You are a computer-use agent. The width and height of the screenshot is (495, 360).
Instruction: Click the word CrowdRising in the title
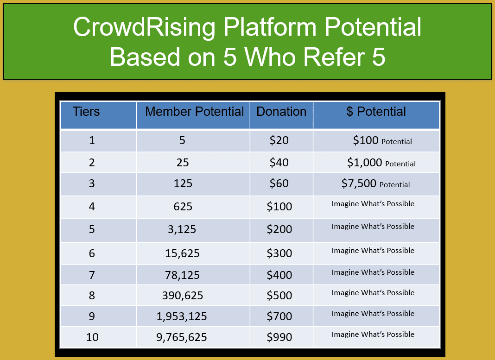144,27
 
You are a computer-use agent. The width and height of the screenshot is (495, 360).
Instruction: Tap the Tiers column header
86,111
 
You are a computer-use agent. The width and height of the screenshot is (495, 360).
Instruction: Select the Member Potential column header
195,111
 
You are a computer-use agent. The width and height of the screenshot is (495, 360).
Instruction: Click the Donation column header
281,111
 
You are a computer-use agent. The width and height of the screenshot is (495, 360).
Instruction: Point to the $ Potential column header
376,111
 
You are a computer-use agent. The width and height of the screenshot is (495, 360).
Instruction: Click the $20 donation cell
279,140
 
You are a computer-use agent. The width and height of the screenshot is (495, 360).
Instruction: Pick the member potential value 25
183,163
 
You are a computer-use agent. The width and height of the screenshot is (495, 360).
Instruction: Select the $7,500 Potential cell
376,183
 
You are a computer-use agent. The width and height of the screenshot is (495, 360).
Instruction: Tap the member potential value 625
183,206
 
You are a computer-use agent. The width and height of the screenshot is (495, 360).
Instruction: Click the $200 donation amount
279,229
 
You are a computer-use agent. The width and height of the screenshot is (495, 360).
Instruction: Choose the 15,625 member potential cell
183,253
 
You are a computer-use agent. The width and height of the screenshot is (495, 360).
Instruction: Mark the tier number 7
92,275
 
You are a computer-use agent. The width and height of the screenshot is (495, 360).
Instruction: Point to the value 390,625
183,296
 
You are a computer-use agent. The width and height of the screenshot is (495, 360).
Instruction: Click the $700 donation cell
279,316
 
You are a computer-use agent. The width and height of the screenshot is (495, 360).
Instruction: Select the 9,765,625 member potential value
182,337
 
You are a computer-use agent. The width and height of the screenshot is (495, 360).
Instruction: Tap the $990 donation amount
279,337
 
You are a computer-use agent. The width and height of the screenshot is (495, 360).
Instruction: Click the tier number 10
92,337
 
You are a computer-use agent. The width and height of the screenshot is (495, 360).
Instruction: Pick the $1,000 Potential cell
381,163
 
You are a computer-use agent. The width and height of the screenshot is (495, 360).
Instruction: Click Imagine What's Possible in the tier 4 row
373,204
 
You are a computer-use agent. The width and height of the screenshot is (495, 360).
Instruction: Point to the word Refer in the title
334,57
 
